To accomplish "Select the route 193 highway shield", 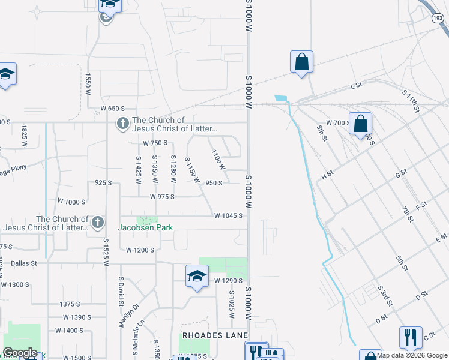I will pos(437,19).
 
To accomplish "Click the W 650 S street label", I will pos(112,109).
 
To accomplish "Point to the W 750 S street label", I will pos(155,143).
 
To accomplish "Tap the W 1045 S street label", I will pos(228,215).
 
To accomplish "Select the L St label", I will pos(357,86).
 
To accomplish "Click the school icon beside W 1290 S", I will pos(196,276).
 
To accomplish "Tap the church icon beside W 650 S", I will pos(122,124).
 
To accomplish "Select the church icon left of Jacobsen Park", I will pos(97,223).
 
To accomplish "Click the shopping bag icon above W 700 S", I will pos(360,124).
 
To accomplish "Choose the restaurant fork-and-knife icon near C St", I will pos(411,338).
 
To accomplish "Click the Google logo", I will pos(20,353).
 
